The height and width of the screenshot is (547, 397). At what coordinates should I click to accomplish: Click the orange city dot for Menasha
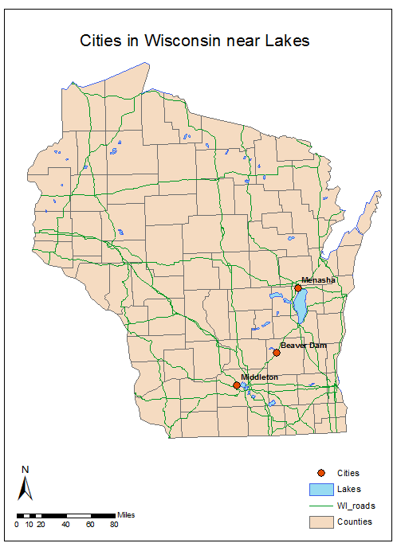(297, 288)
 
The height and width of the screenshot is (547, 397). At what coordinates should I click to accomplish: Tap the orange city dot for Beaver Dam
(277, 352)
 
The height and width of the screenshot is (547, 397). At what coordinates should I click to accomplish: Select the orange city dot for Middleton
(237, 385)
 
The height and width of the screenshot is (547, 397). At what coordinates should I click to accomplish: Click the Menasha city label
(318, 279)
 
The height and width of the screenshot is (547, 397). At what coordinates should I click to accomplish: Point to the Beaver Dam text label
(304, 345)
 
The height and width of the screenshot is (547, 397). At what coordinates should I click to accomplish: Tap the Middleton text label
(259, 377)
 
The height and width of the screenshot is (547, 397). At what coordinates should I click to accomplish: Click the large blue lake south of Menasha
(301, 305)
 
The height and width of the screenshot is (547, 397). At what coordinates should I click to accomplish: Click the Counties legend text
(354, 522)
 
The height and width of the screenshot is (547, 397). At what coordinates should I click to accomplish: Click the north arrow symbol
(25, 488)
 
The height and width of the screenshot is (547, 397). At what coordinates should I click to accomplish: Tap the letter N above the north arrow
(25, 469)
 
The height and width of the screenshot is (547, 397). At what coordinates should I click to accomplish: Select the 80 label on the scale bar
(114, 524)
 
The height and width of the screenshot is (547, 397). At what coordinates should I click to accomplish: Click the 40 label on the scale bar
(65, 524)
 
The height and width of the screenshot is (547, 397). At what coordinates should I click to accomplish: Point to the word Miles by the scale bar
(127, 515)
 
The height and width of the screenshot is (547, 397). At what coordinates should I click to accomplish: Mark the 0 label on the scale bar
(17, 524)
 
